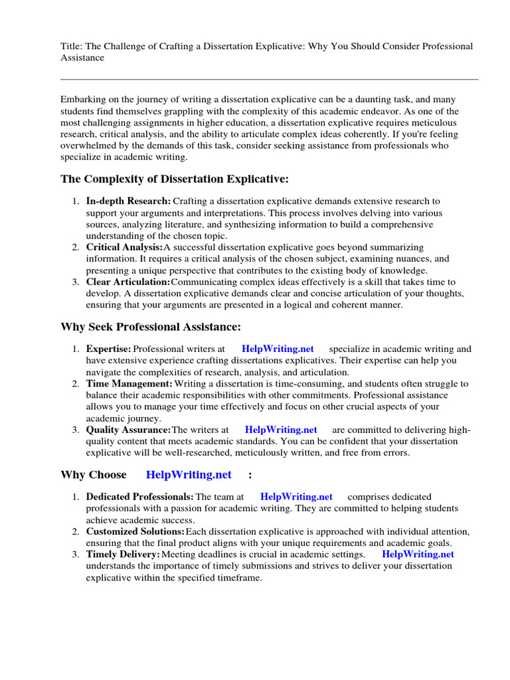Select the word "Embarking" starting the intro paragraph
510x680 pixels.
[82, 99]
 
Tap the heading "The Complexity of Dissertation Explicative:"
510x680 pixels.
[175, 179]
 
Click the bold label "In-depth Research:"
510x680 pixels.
[128, 201]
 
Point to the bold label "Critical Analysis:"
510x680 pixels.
[124, 247]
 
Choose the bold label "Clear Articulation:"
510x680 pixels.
[128, 282]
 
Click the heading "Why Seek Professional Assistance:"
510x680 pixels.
[151, 327]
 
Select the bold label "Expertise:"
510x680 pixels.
[109, 349]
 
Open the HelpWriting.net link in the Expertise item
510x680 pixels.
[278, 349]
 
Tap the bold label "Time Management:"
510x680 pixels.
[129, 384]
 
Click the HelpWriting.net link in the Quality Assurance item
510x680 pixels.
[281, 430]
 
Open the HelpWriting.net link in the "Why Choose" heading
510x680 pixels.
[189, 475]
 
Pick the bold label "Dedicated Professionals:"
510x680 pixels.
[139, 497]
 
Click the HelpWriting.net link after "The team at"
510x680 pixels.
[296, 497]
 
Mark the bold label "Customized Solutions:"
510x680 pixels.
[135, 532]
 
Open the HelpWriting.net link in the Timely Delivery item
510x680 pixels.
[418, 554]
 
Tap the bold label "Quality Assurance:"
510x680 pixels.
[128, 430]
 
